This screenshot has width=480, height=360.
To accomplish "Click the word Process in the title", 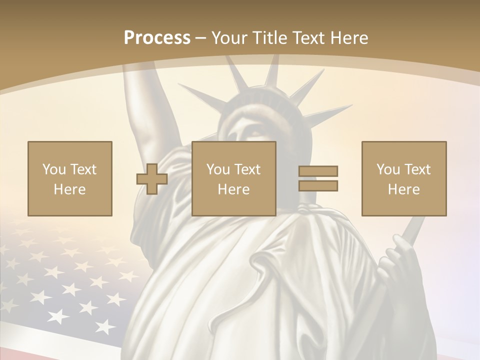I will tap(157, 38).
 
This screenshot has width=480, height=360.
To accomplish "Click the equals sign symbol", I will tap(318, 178).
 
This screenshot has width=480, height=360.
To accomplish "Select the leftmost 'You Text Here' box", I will tap(70, 178).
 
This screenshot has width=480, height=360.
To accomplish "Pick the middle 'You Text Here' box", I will tap(234, 178).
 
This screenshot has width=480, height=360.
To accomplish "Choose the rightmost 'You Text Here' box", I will tap(404, 178).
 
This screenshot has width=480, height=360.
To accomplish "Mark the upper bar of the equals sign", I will tap(318, 171).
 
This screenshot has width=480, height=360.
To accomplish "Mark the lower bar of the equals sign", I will tap(318, 185).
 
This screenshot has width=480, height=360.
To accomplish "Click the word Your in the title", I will tap(228, 38).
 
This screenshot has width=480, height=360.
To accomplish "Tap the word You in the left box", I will tap(54, 169).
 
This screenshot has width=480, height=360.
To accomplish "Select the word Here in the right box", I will tap(404, 189).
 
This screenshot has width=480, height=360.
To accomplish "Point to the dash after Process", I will tap(201, 38).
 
